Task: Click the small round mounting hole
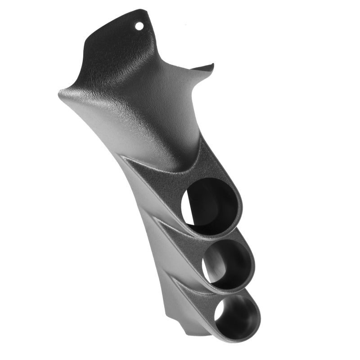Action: (139, 26)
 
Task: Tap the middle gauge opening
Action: (227, 264)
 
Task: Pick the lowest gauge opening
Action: (237, 315)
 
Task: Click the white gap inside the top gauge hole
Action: (188, 211)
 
